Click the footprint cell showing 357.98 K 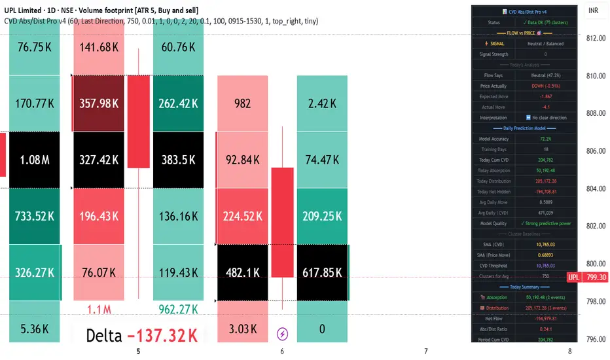pyautogui.click(x=98, y=103)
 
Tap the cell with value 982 pyautogui.click(x=242, y=103)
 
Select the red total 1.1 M pyautogui.click(x=98, y=308)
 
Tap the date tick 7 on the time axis pyautogui.click(x=426, y=351)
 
